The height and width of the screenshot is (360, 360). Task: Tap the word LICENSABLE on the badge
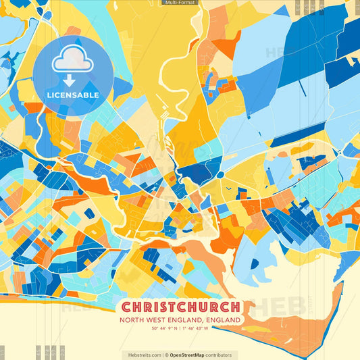pyautogui.click(x=73, y=95)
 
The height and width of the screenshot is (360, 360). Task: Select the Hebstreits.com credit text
pyautogui.click(x=144, y=355)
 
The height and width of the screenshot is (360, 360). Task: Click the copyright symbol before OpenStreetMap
pyautogui.click(x=166, y=355)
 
